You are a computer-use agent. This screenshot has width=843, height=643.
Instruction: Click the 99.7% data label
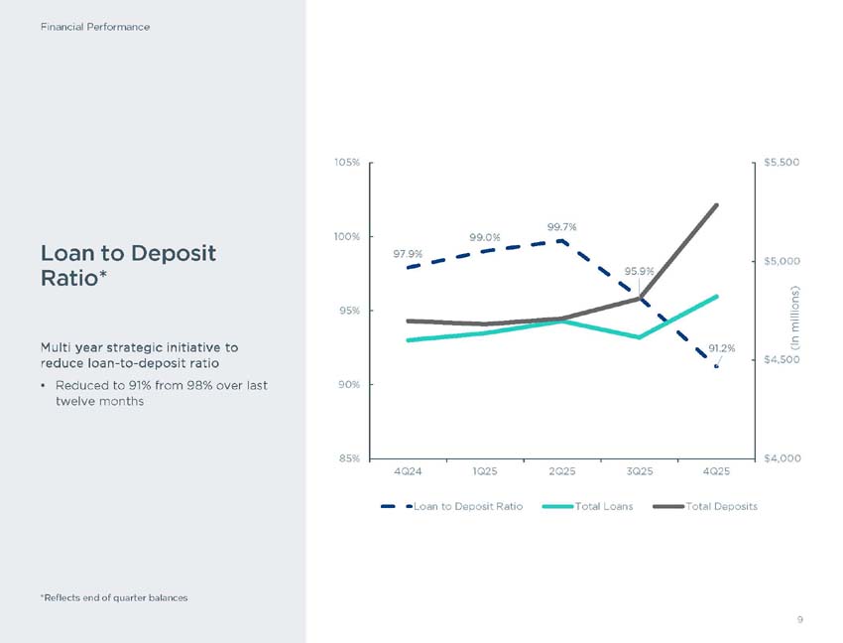coord(561,227)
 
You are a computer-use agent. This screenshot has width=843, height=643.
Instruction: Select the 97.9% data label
coord(409,253)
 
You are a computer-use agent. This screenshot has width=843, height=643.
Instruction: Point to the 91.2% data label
coord(722,348)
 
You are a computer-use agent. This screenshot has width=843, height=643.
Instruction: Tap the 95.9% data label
coord(640,271)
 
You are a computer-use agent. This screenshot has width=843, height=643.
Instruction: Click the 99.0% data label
coord(484,237)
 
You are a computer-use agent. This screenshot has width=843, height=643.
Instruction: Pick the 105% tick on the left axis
coord(346,162)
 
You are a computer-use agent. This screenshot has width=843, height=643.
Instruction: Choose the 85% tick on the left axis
coord(348,458)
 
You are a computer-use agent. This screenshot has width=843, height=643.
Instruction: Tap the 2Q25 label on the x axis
coord(561,470)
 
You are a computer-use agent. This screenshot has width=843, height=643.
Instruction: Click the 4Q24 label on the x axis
coord(408,470)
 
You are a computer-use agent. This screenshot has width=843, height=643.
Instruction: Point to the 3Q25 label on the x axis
coord(639,470)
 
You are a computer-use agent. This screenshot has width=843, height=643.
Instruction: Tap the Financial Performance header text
coord(95,27)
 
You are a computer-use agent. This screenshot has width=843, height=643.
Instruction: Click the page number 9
coord(798,620)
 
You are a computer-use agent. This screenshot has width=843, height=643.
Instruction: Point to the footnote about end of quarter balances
coord(114,597)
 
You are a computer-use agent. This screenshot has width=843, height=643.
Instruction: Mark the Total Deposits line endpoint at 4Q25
coord(716,204)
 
